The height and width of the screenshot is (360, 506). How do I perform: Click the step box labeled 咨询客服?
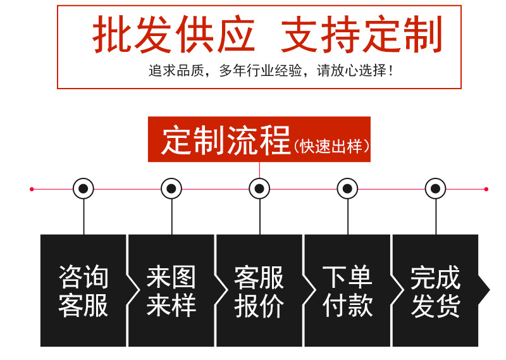(x=83, y=291)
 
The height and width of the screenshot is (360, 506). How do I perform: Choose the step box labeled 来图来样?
(x=171, y=291)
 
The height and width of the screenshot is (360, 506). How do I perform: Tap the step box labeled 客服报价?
(x=259, y=291)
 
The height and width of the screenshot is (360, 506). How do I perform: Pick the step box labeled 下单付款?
(x=347, y=291)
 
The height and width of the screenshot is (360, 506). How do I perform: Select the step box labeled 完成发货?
(x=435, y=291)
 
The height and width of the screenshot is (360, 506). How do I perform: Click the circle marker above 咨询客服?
(x=83, y=189)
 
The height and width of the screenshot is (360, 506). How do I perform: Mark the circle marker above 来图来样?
(x=171, y=189)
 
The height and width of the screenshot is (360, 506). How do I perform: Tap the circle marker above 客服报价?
(x=259, y=189)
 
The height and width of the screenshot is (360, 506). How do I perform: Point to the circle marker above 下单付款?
(x=347, y=189)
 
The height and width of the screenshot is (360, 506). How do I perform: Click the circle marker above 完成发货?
(x=435, y=189)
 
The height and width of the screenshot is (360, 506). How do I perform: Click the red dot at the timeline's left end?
(x=32, y=189)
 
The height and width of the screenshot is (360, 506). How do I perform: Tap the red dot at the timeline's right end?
(x=486, y=189)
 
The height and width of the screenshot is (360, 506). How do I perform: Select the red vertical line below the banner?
(x=259, y=170)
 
